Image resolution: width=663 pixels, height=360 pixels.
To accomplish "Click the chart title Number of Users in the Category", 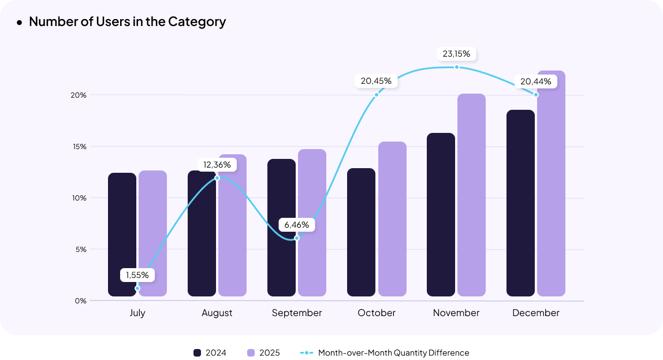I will tap(127, 22).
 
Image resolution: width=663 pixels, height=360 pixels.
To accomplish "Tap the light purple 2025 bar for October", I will tap(392, 219).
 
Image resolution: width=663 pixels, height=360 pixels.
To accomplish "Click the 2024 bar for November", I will tap(441, 214).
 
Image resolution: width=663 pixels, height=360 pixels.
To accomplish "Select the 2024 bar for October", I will tap(361, 232).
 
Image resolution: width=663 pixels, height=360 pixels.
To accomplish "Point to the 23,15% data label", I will tap(456, 54).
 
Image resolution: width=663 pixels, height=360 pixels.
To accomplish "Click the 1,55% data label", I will tap(137, 275).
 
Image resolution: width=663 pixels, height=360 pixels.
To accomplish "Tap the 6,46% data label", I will tap(297, 224).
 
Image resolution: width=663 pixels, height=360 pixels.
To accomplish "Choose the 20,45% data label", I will tap(376, 81).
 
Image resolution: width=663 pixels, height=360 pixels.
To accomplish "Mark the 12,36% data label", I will tap(217, 165).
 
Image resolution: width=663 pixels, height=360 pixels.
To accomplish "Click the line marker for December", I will tap(536, 95).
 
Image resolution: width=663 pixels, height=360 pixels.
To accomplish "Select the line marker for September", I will tap(297, 238).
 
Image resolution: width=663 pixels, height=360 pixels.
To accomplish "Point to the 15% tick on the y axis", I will tap(80, 146).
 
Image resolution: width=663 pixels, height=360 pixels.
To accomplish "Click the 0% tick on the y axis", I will tap(80, 300).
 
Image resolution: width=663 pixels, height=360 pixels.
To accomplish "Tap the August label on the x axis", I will tap(217, 313).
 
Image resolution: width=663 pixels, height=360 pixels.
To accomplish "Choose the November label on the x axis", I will tap(456, 313).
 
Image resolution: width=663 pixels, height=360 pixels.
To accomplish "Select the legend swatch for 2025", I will tap(251, 352).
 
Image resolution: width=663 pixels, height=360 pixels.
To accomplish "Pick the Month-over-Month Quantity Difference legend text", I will tap(393, 352).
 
